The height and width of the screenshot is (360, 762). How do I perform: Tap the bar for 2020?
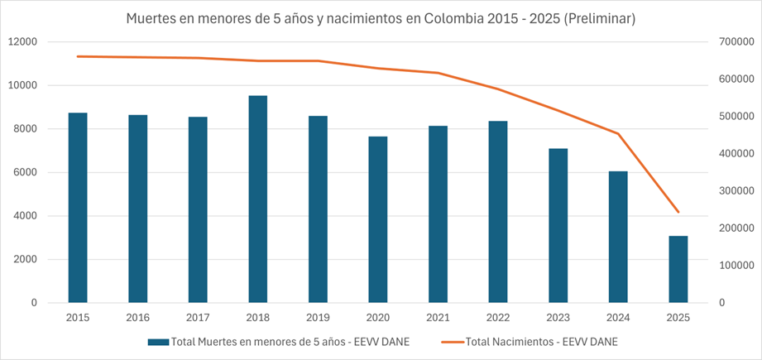(x=378, y=219)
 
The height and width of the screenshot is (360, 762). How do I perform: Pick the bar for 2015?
(x=78, y=207)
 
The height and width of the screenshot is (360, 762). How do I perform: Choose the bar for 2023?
(x=558, y=225)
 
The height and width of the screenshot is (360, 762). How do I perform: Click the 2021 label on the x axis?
(x=438, y=317)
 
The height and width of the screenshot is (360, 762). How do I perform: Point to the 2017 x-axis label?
(x=198, y=317)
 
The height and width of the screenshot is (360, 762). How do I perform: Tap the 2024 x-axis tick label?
(x=618, y=317)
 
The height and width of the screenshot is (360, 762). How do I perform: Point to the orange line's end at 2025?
(x=678, y=212)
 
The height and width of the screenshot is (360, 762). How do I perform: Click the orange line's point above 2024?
(x=618, y=133)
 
